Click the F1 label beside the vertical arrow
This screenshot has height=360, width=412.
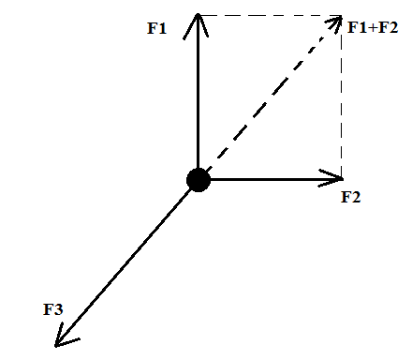click(157, 28)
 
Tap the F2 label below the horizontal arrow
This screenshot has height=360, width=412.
click(351, 197)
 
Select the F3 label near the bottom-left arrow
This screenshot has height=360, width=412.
click(53, 309)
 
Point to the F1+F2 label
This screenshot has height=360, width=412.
click(373, 27)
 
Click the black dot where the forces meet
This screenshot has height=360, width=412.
click(199, 180)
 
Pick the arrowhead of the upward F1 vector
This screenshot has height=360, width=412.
click(196, 25)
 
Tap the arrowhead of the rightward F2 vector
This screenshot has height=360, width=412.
click(331, 178)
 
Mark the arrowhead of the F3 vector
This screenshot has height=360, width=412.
click(65, 336)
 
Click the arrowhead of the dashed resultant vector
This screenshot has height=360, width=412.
click(334, 23)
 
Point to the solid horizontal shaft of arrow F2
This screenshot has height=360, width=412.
click(276, 179)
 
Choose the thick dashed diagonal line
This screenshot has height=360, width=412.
click(272, 96)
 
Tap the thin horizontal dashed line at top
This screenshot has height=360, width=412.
click(271, 15)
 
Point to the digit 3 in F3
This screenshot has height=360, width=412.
click(58, 309)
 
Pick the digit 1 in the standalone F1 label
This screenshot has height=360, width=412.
click(162, 28)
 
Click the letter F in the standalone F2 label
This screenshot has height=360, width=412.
click(346, 197)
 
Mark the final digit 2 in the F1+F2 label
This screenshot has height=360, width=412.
click(393, 27)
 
